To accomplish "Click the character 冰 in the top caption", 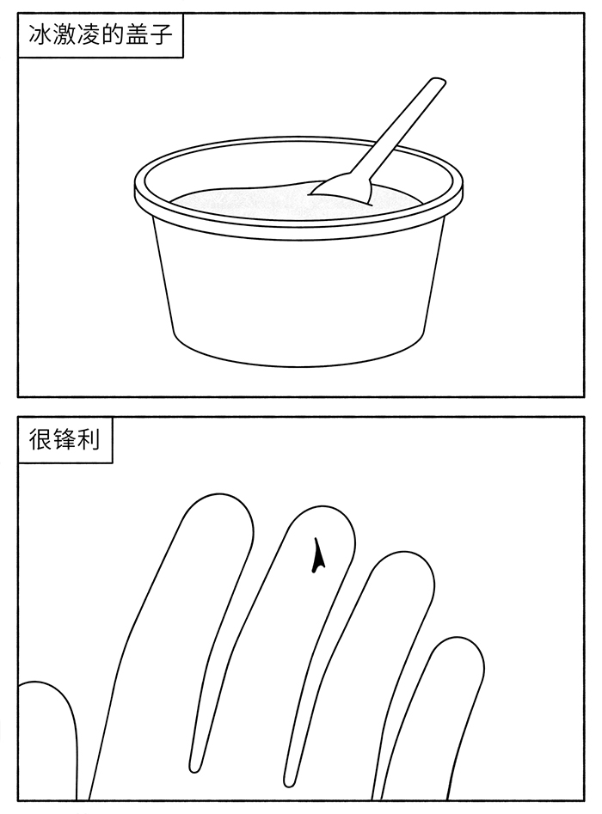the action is click(x=40, y=35).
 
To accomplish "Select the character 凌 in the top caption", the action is click(x=87, y=35).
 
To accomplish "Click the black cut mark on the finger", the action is click(x=318, y=556).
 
